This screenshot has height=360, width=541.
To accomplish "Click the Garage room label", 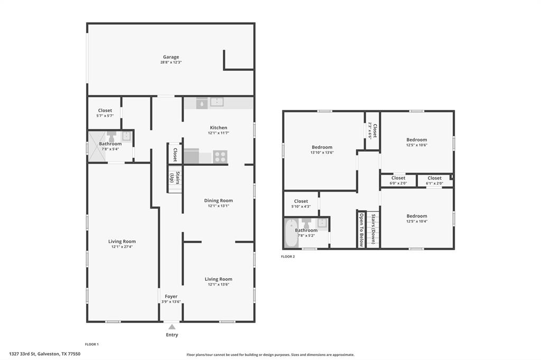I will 171,57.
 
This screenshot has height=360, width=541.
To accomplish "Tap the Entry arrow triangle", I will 172,327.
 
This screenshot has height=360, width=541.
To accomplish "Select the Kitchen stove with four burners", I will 220,157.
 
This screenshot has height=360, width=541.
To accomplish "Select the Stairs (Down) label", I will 373,229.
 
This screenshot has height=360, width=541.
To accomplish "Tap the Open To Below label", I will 361,230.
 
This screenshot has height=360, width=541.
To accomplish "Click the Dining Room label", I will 218,201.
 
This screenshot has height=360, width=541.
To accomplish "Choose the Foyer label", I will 171,297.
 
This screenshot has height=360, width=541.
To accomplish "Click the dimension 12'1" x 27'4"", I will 122,247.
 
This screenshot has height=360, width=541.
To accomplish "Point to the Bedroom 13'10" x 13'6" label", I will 322,147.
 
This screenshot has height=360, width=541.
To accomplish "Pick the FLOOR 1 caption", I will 92,344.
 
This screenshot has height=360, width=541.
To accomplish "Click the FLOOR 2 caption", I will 288,257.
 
